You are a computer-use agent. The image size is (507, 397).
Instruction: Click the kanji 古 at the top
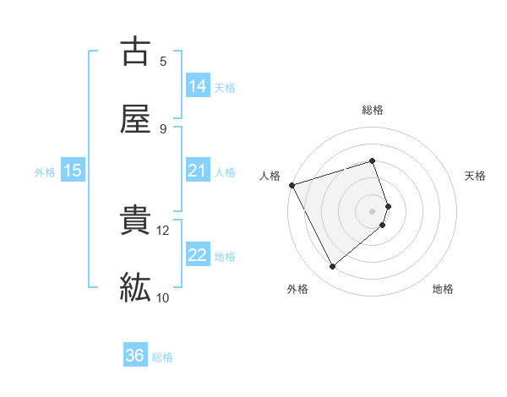(x=135, y=52)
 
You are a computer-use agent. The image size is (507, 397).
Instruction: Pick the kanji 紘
(x=135, y=287)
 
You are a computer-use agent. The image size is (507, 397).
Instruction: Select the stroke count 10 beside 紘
(x=163, y=297)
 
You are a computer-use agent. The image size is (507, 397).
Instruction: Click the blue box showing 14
(x=198, y=86)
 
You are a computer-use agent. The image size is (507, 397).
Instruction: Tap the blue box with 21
(x=198, y=171)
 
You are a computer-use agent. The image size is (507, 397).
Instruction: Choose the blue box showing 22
(x=198, y=255)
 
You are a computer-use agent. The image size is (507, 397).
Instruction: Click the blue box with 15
(x=73, y=171)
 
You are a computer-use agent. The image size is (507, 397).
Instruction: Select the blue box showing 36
(x=135, y=356)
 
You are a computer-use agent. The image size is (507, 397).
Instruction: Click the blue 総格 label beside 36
(x=162, y=357)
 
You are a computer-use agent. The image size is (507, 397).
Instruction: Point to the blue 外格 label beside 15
(x=45, y=171)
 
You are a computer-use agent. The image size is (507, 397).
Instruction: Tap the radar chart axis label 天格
(x=476, y=176)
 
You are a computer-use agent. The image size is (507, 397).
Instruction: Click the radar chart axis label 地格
(x=443, y=289)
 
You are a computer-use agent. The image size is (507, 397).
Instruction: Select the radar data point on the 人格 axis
(x=292, y=184)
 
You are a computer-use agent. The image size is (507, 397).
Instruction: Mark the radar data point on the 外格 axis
(x=332, y=267)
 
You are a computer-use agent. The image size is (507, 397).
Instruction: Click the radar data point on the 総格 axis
(x=372, y=160)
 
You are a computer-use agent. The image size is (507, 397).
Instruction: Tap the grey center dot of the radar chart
(x=373, y=210)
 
